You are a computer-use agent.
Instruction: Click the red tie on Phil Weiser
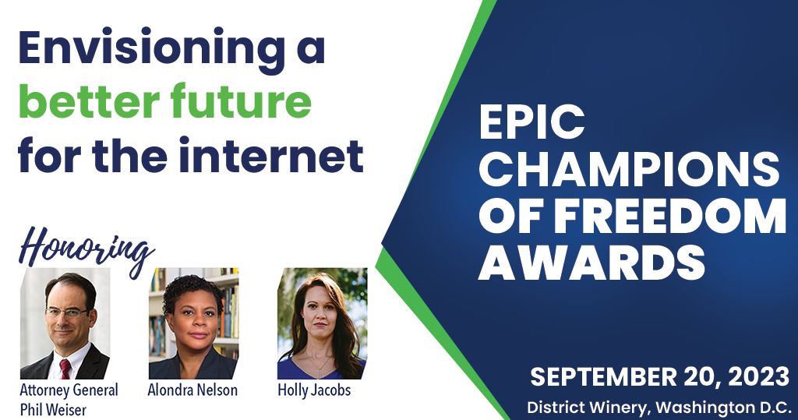[65, 369]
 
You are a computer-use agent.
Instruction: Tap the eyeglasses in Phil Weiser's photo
[67, 312]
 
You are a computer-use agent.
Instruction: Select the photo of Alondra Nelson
[194, 323]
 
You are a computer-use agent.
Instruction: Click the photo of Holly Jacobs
[322, 323]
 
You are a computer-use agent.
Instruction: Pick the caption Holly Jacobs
[314, 390]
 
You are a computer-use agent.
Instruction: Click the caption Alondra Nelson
[192, 390]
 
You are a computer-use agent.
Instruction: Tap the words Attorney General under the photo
[69, 390]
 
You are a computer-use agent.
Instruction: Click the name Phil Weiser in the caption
[53, 409]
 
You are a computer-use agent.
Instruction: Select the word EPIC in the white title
[531, 122]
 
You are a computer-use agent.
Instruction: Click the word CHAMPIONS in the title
[629, 169]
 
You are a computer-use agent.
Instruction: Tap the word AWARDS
[591, 262]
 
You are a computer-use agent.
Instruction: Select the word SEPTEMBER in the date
[604, 377]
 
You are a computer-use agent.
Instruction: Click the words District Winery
[588, 408]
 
